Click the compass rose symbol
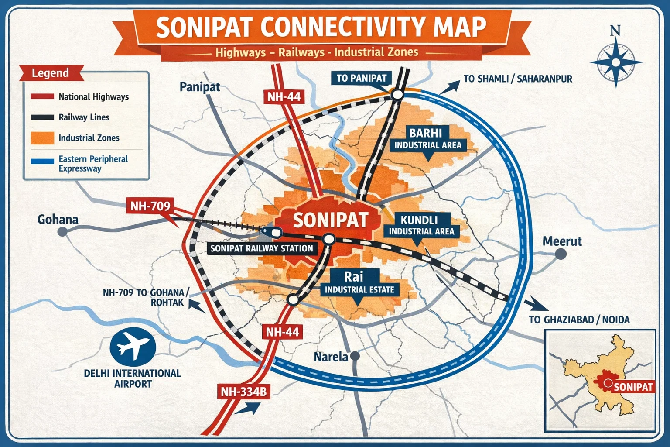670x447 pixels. click(x=615, y=62)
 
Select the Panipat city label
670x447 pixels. click(x=200, y=87)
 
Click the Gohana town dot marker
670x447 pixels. click(x=62, y=232)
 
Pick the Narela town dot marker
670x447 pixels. click(x=355, y=356)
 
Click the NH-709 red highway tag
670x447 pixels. click(x=150, y=206)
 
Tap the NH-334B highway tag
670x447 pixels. click(x=243, y=392)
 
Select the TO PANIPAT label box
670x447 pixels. click(x=362, y=78)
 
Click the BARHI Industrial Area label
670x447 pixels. click(x=427, y=138)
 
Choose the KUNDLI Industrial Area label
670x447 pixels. click(x=421, y=225)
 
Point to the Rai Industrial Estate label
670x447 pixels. click(x=359, y=282)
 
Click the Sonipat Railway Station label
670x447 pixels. click(x=261, y=248)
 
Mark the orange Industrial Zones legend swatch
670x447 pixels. click(x=42, y=138)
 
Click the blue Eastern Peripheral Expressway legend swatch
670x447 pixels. click(x=42, y=161)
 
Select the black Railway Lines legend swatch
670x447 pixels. click(x=42, y=117)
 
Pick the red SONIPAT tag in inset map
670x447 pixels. click(x=633, y=387)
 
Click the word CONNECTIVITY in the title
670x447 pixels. click(x=343, y=27)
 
